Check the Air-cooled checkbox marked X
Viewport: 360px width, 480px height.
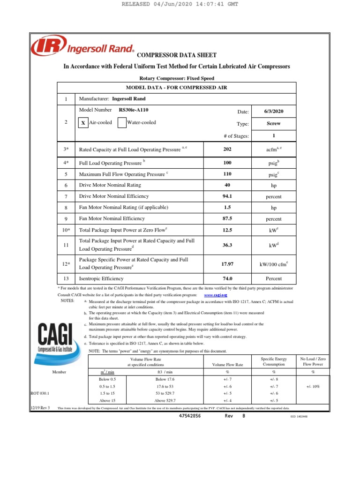[x=82, y=123]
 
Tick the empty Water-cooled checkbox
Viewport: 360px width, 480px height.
[x=121, y=123]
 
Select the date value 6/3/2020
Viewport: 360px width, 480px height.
[x=274, y=112]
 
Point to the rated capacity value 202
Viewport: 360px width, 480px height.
[x=227, y=149]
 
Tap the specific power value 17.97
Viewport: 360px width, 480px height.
[x=227, y=264]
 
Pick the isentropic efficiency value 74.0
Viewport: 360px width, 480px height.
[x=227, y=278]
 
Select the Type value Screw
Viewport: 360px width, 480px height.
[x=274, y=124]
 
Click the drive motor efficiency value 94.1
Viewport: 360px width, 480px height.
[x=227, y=196]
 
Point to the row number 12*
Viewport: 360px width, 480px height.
[x=66, y=264]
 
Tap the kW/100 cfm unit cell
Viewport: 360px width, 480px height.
[x=274, y=264]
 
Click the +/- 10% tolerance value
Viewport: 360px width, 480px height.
[x=314, y=387]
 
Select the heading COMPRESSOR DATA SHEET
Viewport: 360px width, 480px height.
[x=176, y=55]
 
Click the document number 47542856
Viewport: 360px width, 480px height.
[x=190, y=416]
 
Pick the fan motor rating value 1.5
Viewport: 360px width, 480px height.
[x=227, y=207]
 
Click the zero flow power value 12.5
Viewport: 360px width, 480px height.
[x=227, y=230]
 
